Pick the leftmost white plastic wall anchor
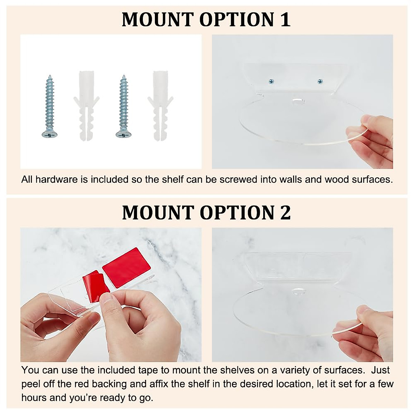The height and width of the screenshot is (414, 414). tap(86, 105)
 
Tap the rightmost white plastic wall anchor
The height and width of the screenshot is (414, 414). tap(160, 105)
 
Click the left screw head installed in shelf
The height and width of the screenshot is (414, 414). tap(271, 81)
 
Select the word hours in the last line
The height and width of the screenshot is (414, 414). tap(34, 398)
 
